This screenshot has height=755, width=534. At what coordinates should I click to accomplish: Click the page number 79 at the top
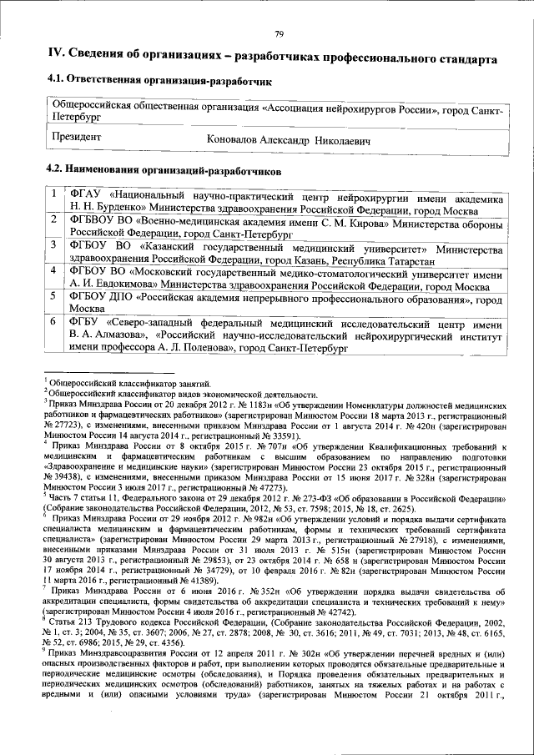(278, 33)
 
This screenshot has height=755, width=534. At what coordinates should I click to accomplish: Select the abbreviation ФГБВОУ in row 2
(96, 220)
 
